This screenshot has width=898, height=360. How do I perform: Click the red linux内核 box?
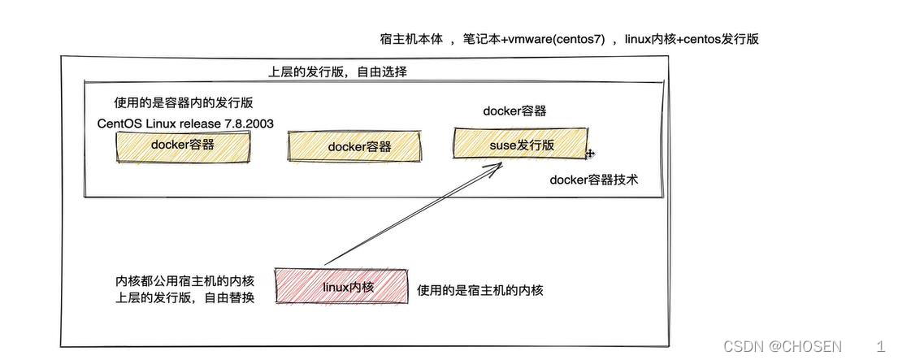click(x=342, y=286)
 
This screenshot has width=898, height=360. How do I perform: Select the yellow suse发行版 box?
click(x=521, y=145)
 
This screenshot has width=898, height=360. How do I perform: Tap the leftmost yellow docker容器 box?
click(x=182, y=145)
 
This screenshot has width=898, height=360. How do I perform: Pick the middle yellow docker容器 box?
click(x=356, y=147)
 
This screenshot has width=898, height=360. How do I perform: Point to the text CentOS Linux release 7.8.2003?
click(x=184, y=124)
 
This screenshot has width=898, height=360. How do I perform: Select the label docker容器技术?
click(x=593, y=180)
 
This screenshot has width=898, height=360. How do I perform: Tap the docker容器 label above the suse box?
click(x=514, y=111)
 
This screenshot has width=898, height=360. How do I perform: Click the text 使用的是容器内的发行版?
click(x=189, y=103)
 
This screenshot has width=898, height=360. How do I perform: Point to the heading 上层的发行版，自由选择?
click(x=338, y=72)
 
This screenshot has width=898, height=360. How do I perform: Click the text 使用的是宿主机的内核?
click(x=479, y=290)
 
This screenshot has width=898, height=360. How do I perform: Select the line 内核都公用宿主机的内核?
click(x=185, y=281)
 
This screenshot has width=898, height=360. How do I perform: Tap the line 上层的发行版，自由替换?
click(x=185, y=297)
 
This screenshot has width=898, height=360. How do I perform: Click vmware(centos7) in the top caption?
click(x=557, y=39)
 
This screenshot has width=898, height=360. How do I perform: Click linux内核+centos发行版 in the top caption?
click(x=692, y=39)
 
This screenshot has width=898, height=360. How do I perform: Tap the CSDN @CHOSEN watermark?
click(x=782, y=346)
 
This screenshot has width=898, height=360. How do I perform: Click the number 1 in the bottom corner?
click(x=880, y=346)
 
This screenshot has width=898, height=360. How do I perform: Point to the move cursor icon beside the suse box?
click(x=591, y=153)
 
